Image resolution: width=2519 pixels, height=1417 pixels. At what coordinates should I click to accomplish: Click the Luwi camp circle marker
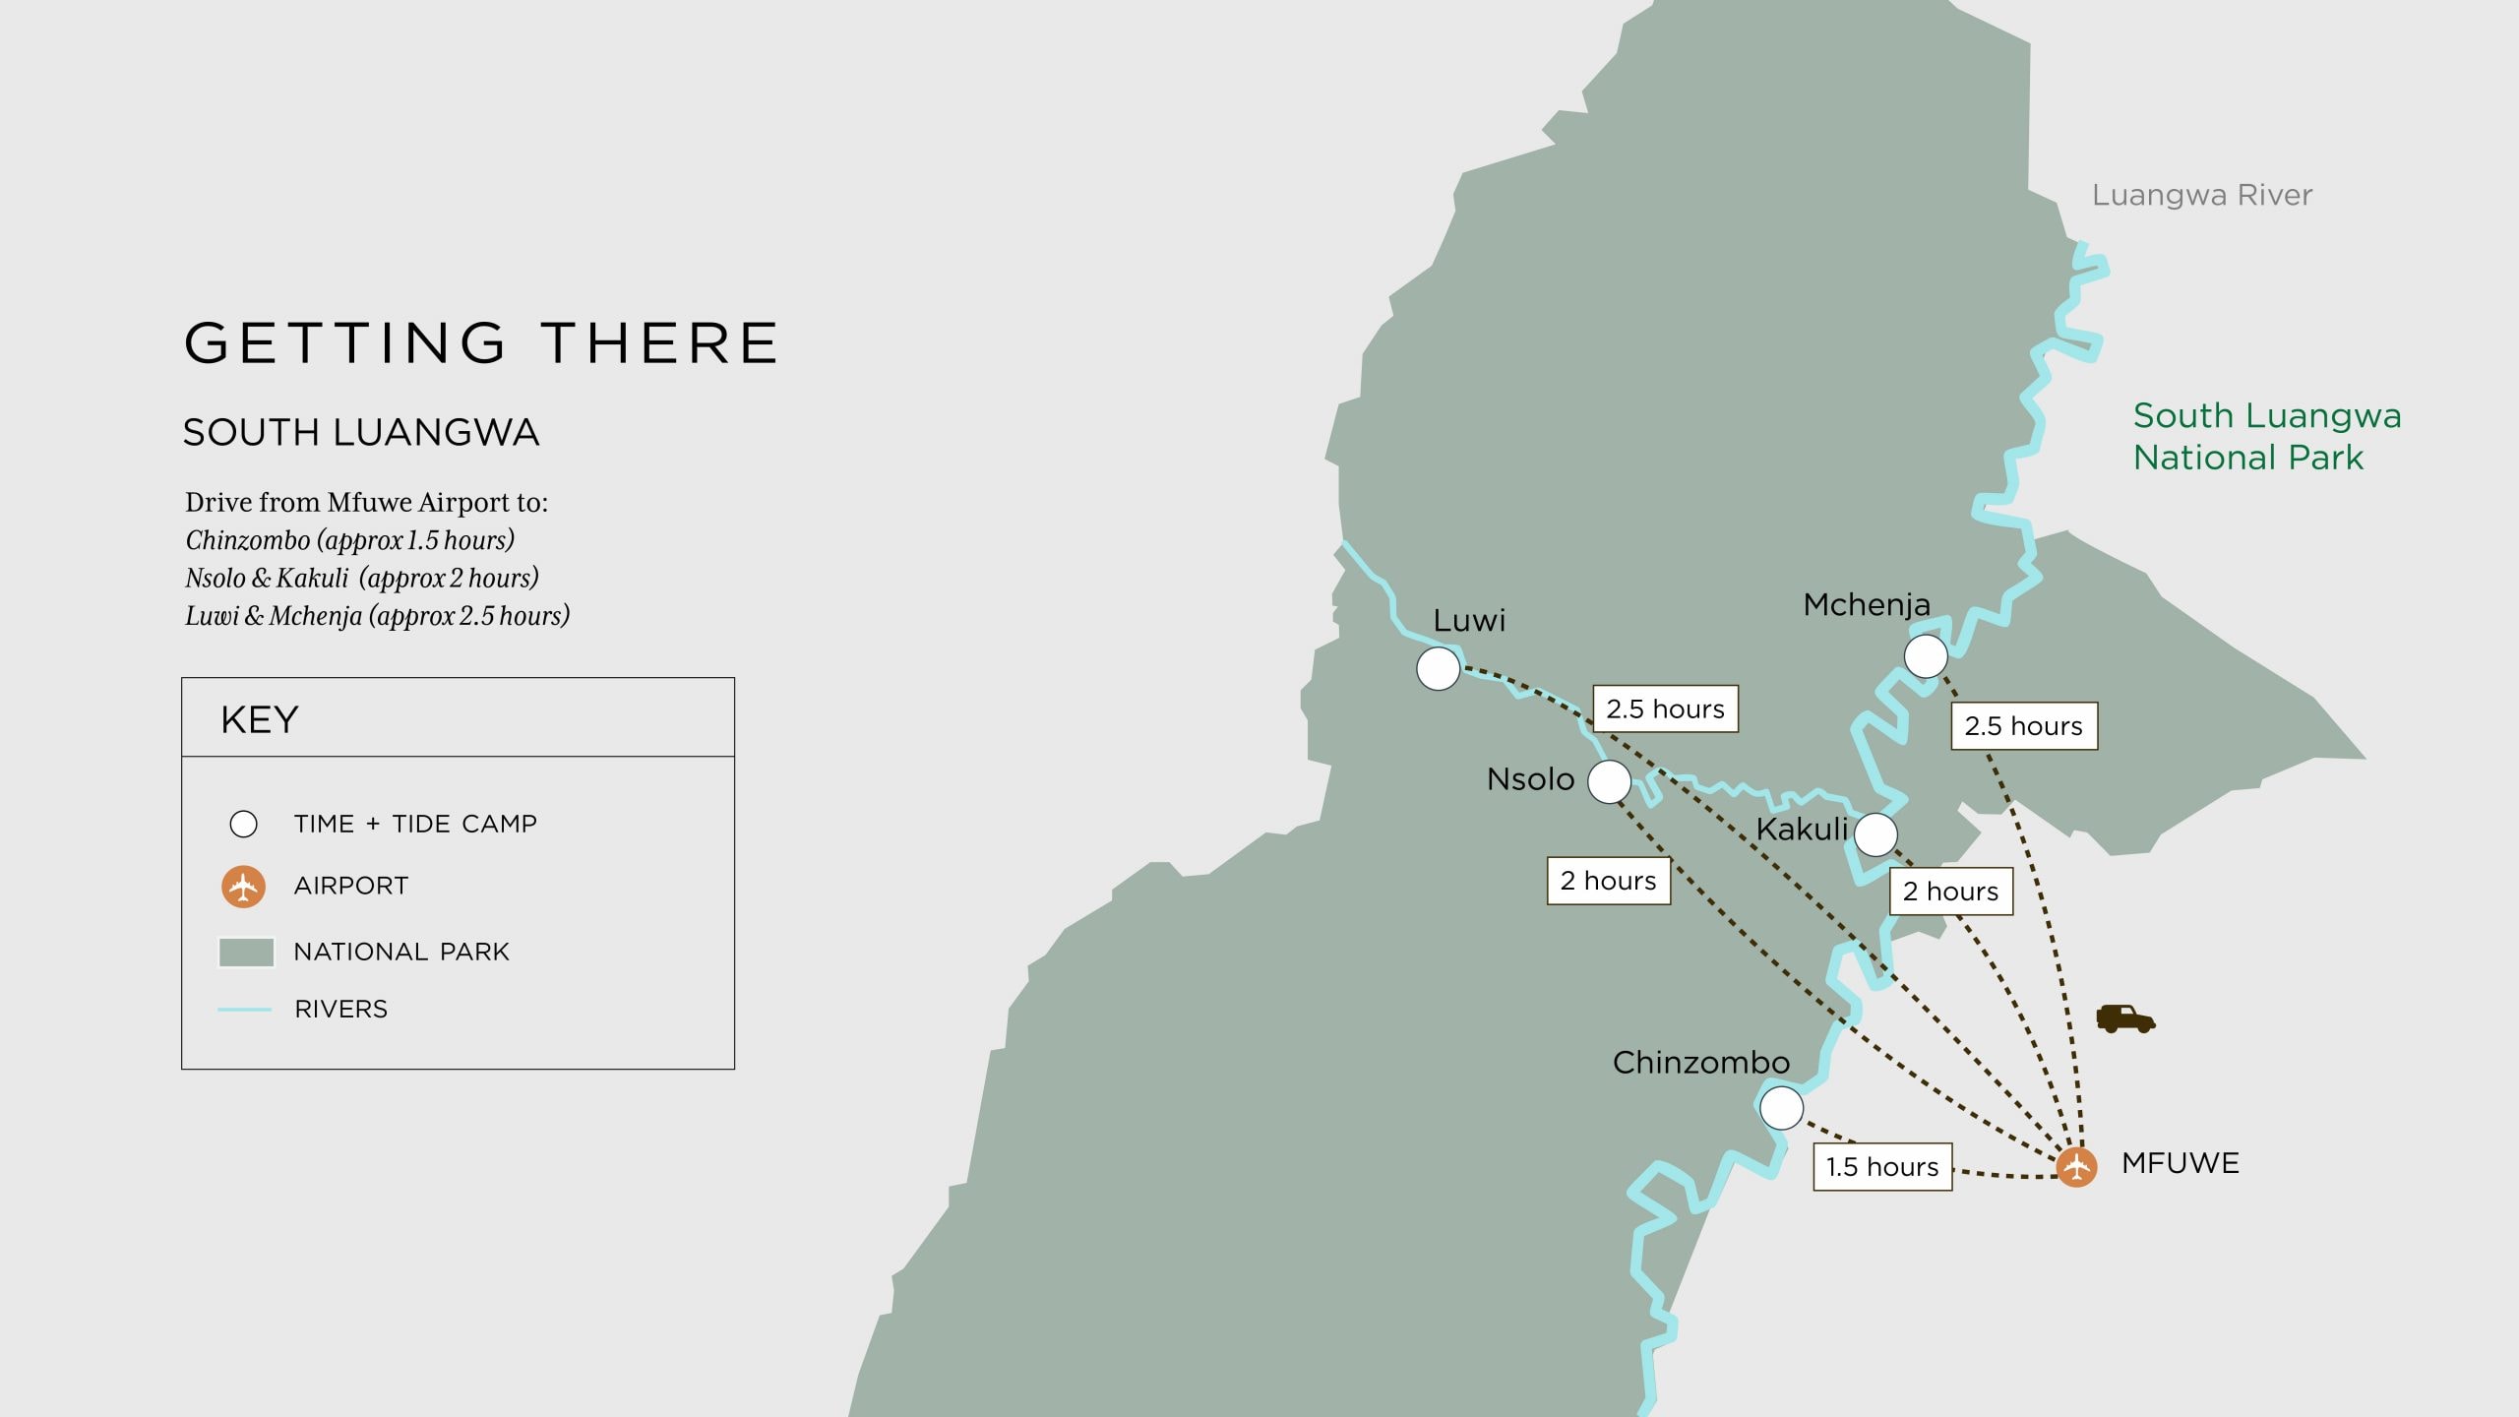coord(1438,669)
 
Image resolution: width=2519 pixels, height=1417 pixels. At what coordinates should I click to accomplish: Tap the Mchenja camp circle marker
coord(1926,656)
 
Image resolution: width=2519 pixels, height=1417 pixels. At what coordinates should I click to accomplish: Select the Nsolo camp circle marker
coord(1609,782)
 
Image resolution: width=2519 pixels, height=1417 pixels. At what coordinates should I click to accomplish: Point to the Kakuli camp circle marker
coord(1875,834)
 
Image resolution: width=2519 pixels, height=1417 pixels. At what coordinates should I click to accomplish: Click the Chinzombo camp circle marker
coord(1781,1108)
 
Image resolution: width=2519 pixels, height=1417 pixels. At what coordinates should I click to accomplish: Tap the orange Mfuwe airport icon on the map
coord(2076,1167)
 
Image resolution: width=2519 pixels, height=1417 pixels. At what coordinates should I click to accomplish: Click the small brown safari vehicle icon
coord(2125,1018)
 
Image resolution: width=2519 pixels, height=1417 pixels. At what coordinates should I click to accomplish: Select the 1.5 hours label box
coord(1882,1167)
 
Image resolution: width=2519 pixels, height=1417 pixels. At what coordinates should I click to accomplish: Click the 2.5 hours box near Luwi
coord(1665,708)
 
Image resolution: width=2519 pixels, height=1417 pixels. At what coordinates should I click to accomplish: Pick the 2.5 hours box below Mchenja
coord(2024,726)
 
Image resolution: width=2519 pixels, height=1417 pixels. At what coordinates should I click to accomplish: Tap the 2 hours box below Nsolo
coord(1609,881)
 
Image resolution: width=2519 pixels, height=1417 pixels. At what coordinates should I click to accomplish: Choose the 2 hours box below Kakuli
coord(1950,892)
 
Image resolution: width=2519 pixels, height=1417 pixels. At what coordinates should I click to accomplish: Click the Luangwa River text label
coord(2202,195)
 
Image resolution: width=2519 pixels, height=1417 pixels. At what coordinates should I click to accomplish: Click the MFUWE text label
coord(2181,1163)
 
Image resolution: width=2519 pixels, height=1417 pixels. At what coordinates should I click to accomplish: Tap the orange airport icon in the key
coord(243,886)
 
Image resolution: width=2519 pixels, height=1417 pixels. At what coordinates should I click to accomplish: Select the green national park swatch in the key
coord(246,952)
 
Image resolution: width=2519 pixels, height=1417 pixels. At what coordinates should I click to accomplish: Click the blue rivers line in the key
coord(244,1010)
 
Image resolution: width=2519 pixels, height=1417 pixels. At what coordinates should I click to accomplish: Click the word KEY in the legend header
coord(260,719)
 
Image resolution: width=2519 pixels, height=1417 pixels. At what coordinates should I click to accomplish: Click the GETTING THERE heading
coord(482,342)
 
